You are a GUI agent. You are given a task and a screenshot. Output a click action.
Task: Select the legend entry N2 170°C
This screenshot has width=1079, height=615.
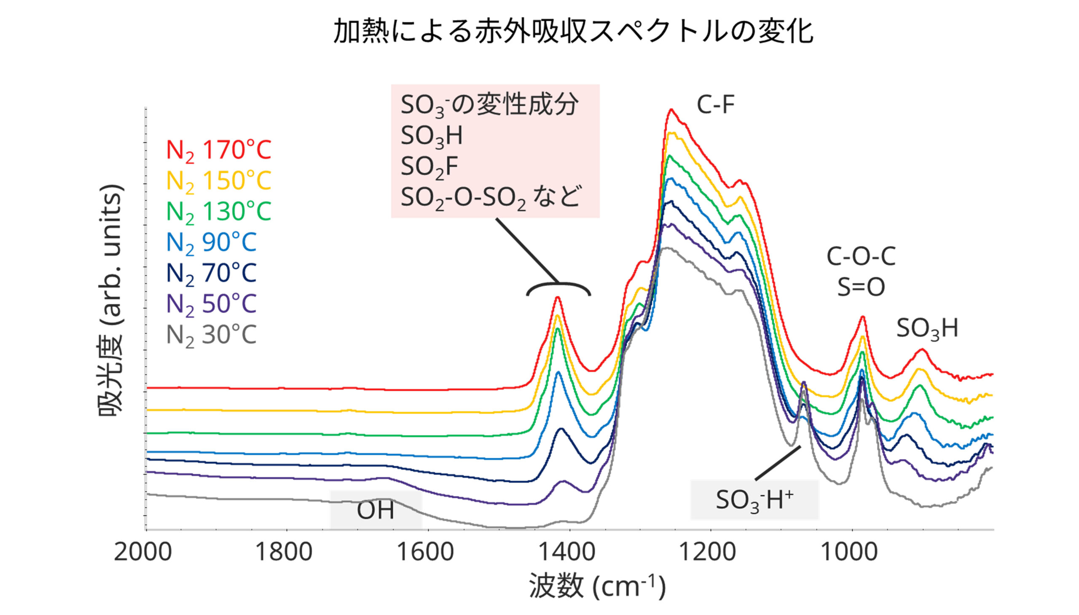pyautogui.click(x=218, y=150)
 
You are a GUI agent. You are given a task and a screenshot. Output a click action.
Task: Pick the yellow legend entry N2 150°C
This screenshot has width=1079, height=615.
pyautogui.click(x=218, y=181)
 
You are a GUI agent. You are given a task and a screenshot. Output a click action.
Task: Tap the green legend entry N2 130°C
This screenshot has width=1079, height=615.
pyautogui.click(x=218, y=212)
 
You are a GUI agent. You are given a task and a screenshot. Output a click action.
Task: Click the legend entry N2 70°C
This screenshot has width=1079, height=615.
pyautogui.click(x=211, y=273)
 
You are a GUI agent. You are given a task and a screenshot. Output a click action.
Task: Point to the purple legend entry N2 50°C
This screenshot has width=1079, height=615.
pyautogui.click(x=211, y=304)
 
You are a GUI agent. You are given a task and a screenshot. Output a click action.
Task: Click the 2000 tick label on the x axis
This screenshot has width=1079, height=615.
pyautogui.click(x=143, y=553)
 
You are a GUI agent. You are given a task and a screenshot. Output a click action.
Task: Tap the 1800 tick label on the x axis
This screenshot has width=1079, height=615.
pyautogui.click(x=284, y=553)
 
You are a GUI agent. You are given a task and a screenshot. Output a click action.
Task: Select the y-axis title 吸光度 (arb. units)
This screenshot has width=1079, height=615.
pyautogui.click(x=111, y=300)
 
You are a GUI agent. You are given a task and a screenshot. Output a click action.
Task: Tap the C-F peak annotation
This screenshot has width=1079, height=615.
pyautogui.click(x=715, y=105)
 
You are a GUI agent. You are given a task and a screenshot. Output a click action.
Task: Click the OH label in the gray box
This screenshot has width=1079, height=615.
pyautogui.click(x=376, y=510)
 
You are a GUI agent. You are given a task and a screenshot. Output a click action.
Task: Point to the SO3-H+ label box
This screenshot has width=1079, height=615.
pyautogui.click(x=754, y=500)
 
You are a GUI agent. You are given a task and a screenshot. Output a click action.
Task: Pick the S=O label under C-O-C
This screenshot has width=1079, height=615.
pyautogui.click(x=861, y=287)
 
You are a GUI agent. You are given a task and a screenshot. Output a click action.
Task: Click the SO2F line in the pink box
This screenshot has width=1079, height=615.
pyautogui.click(x=429, y=167)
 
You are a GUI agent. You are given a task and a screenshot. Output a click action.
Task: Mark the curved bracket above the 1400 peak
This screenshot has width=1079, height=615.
pyautogui.click(x=558, y=287)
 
